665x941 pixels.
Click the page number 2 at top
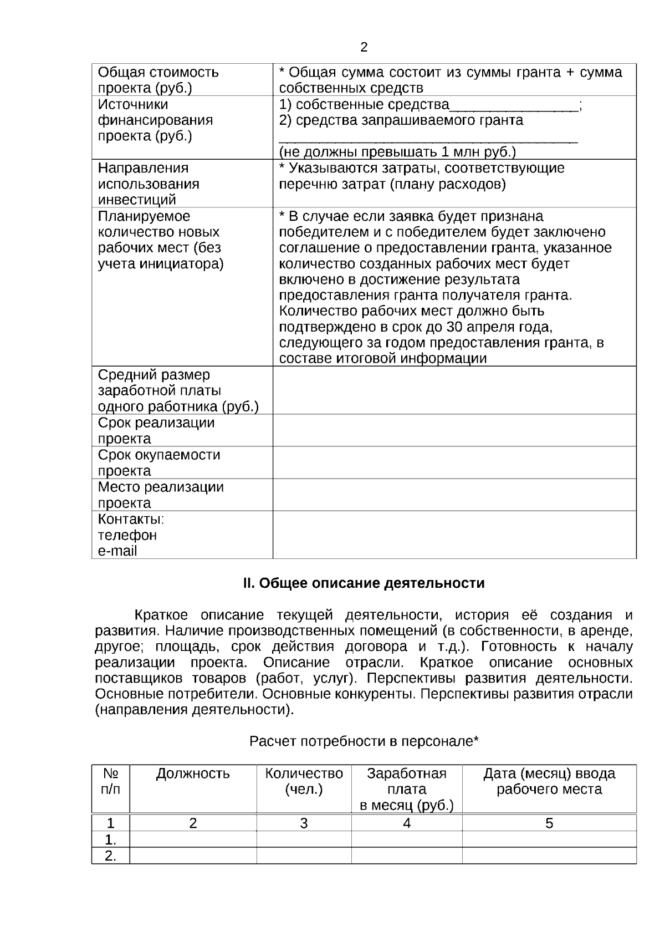[364, 48]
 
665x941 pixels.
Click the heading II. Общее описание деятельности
[364, 583]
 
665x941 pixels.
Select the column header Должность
[193, 774]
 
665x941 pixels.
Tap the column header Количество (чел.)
[304, 781]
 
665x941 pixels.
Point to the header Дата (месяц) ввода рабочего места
[549, 781]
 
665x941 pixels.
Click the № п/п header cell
[111, 781]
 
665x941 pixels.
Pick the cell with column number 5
[549, 823]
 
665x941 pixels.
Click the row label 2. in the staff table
[111, 856]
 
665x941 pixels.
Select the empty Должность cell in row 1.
[193, 840]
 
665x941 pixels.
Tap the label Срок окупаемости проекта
[159, 462]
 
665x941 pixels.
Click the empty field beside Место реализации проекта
[454, 495]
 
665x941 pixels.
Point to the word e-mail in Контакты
[117, 551]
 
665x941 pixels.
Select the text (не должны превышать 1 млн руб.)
[397, 152]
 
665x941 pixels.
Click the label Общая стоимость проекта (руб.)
[158, 80]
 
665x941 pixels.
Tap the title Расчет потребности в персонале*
[364, 741]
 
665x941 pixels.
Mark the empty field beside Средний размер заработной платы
[454, 390]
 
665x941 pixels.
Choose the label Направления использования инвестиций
[149, 184]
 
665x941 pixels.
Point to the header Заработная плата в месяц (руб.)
[407, 789]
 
